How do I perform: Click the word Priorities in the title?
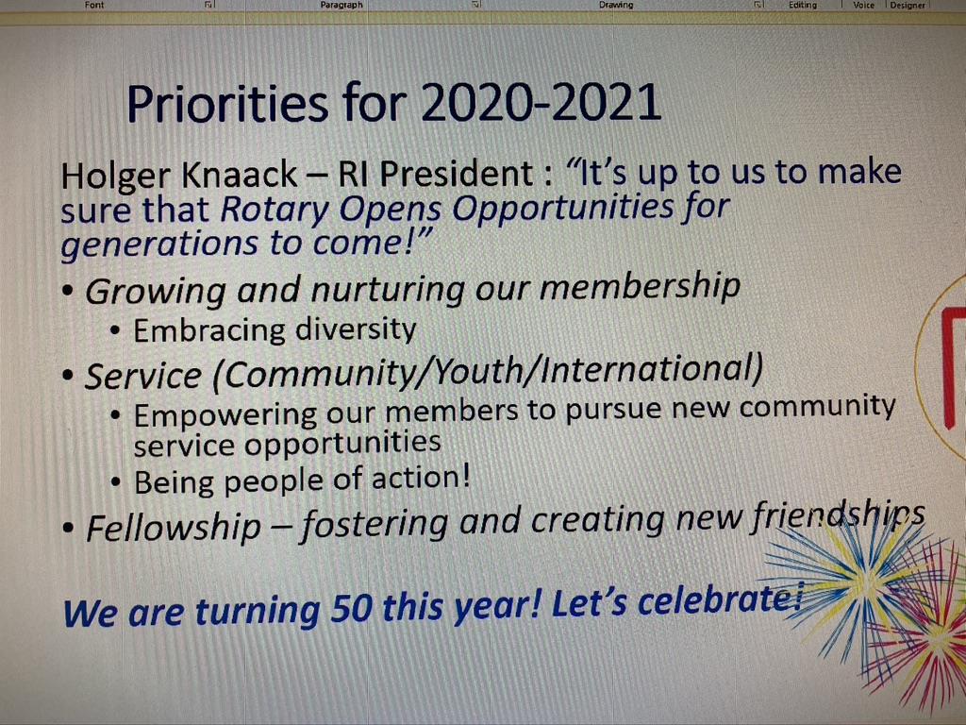pyautogui.click(x=226, y=104)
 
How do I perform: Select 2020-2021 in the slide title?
pyautogui.click(x=541, y=102)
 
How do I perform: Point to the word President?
pyautogui.click(x=456, y=174)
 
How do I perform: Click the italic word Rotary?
pyautogui.click(x=275, y=211)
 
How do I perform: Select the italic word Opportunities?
pyautogui.click(x=563, y=208)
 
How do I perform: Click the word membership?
pyautogui.click(x=641, y=286)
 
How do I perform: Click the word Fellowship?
pyautogui.click(x=175, y=528)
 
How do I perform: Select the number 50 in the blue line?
pyautogui.click(x=351, y=608)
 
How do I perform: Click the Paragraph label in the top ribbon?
pyautogui.click(x=341, y=5)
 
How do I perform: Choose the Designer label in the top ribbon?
pyautogui.click(x=908, y=5)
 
